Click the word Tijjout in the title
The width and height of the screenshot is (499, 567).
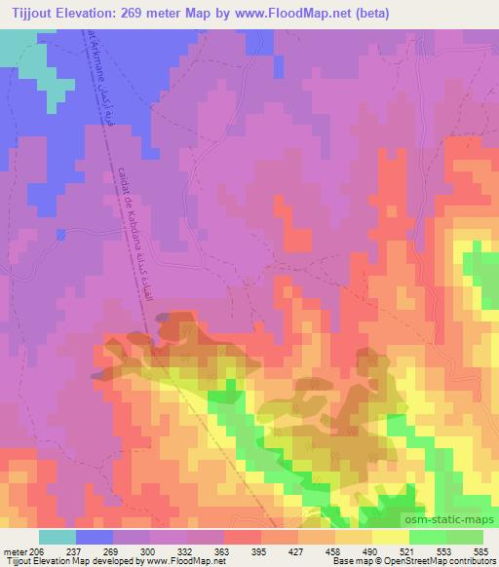click(31, 12)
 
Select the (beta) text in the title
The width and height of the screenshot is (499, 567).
click(412, 12)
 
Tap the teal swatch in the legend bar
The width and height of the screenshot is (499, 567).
click(58, 537)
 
